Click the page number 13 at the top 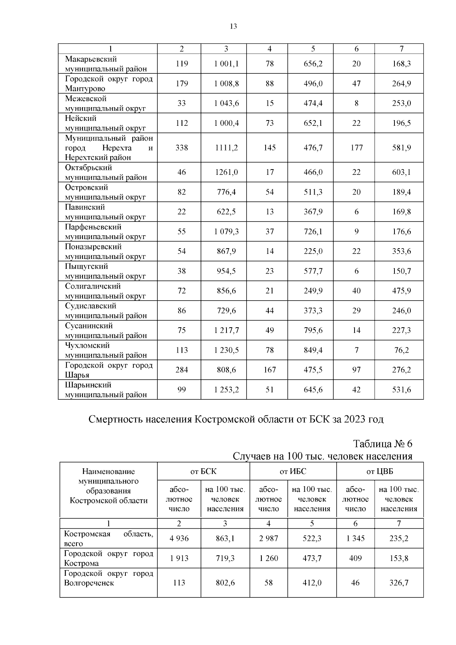pyautogui.click(x=233, y=26)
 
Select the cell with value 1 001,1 pyautogui.click(x=226, y=64)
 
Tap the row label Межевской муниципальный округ pyautogui.click(x=105, y=103)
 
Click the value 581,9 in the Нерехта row pyautogui.click(x=401, y=147)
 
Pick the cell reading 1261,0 pyautogui.click(x=226, y=172)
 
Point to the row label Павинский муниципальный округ pyautogui.click(x=105, y=212)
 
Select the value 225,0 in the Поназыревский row pyautogui.click(x=313, y=251)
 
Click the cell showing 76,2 pyautogui.click(x=401, y=350)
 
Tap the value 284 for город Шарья pyautogui.click(x=182, y=370)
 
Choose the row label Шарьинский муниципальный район pyautogui.click(x=105, y=390)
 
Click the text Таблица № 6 pyautogui.click(x=383, y=444)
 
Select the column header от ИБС pyautogui.click(x=293, y=472)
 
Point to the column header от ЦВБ pyautogui.click(x=380, y=472)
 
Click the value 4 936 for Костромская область pyautogui.click(x=179, y=539)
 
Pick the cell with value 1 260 pyautogui.click(x=269, y=558)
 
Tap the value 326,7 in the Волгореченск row pyautogui.click(x=399, y=583)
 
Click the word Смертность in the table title pyautogui.click(x=116, y=419)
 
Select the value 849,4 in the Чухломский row pyautogui.click(x=313, y=350)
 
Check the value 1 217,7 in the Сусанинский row pyautogui.click(x=226, y=330)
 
